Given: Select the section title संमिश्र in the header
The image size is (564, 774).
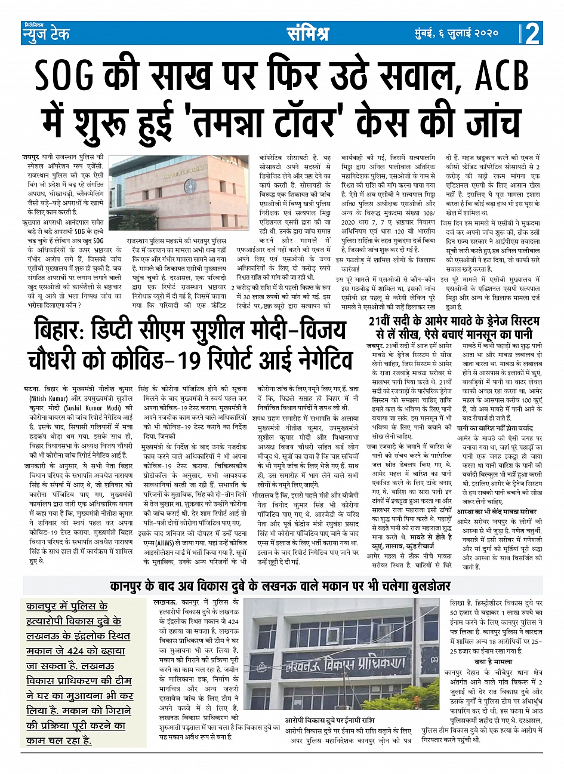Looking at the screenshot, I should coord(307,33).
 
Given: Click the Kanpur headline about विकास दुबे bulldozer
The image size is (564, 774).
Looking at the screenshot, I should coord(281,585).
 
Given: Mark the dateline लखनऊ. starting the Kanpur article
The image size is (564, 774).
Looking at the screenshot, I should coord(165,604).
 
